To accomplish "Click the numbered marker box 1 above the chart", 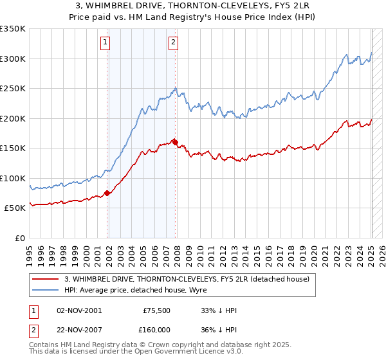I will point(105,43).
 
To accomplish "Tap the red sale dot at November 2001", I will point(107,193).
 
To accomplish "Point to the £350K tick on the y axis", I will point(13,29).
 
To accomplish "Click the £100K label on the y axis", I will point(13,178).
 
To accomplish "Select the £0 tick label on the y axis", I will point(19,238).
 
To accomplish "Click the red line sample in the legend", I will point(46,279).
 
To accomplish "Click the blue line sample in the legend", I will point(46,290).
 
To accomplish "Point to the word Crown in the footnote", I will point(170,345).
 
